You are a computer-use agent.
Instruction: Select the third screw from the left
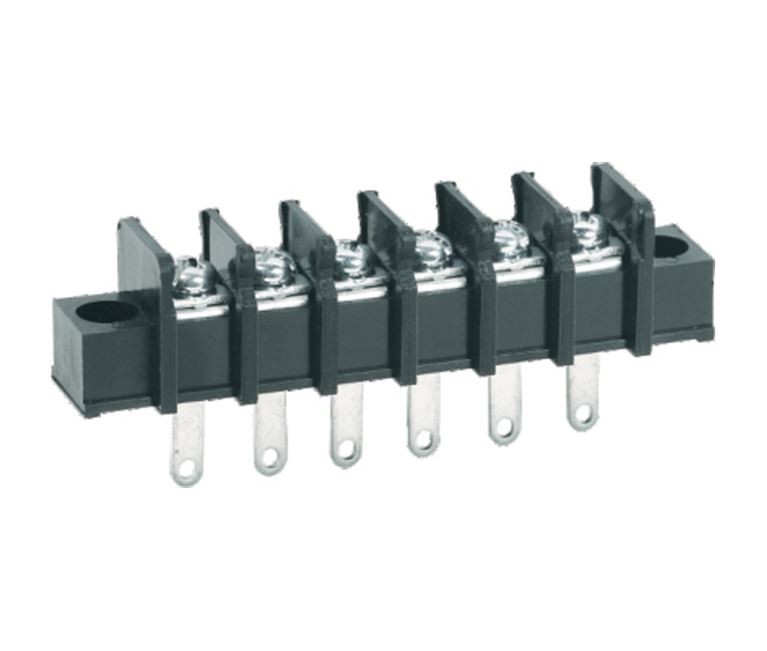pyautogui.click(x=352, y=253)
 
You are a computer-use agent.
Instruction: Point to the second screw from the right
pyautogui.click(x=509, y=235)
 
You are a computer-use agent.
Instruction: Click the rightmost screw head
pyautogui.click(x=586, y=225)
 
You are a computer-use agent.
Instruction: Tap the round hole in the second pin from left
pyautogui.click(x=269, y=457)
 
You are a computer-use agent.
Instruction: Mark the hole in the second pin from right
pyautogui.click(x=502, y=430)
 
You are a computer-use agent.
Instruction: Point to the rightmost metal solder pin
pyautogui.click(x=582, y=393)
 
